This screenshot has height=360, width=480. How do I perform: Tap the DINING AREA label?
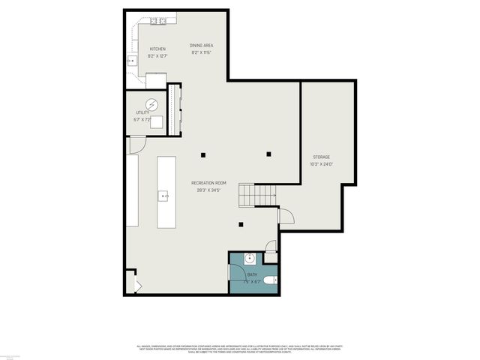coord(201,46)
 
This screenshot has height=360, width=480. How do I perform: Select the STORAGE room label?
coord(321,157)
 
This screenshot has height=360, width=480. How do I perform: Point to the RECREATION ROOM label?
coord(208,184)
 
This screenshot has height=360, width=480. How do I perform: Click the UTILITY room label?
coord(142,112)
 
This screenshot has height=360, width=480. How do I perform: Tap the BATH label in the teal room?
coord(252,275)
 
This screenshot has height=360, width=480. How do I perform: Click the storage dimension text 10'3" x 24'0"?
coord(321,164)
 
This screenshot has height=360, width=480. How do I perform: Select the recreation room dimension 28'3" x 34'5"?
coord(208,190)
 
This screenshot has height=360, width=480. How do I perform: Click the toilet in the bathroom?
coord(271,280)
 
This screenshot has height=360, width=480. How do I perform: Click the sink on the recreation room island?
coord(164,196)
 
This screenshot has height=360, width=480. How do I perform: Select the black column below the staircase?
coord(241,224)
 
